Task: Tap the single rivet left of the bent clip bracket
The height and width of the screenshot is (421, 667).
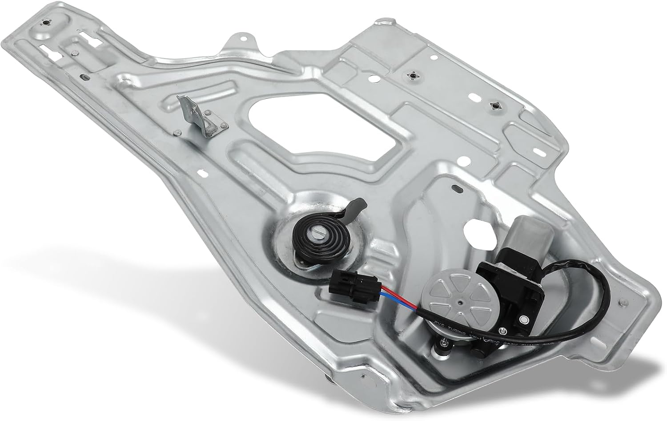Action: click(x=177, y=132)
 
